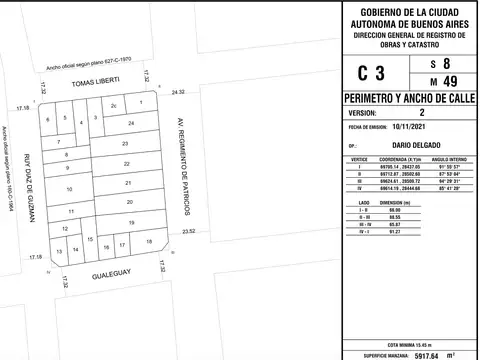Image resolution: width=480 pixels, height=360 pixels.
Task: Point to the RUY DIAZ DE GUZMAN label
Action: coord(29,187)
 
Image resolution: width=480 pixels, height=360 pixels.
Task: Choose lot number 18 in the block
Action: coord(148,242)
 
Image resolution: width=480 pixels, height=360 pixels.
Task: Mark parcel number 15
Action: coord(90,240)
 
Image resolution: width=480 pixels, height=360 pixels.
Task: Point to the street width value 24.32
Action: coord(178,92)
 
